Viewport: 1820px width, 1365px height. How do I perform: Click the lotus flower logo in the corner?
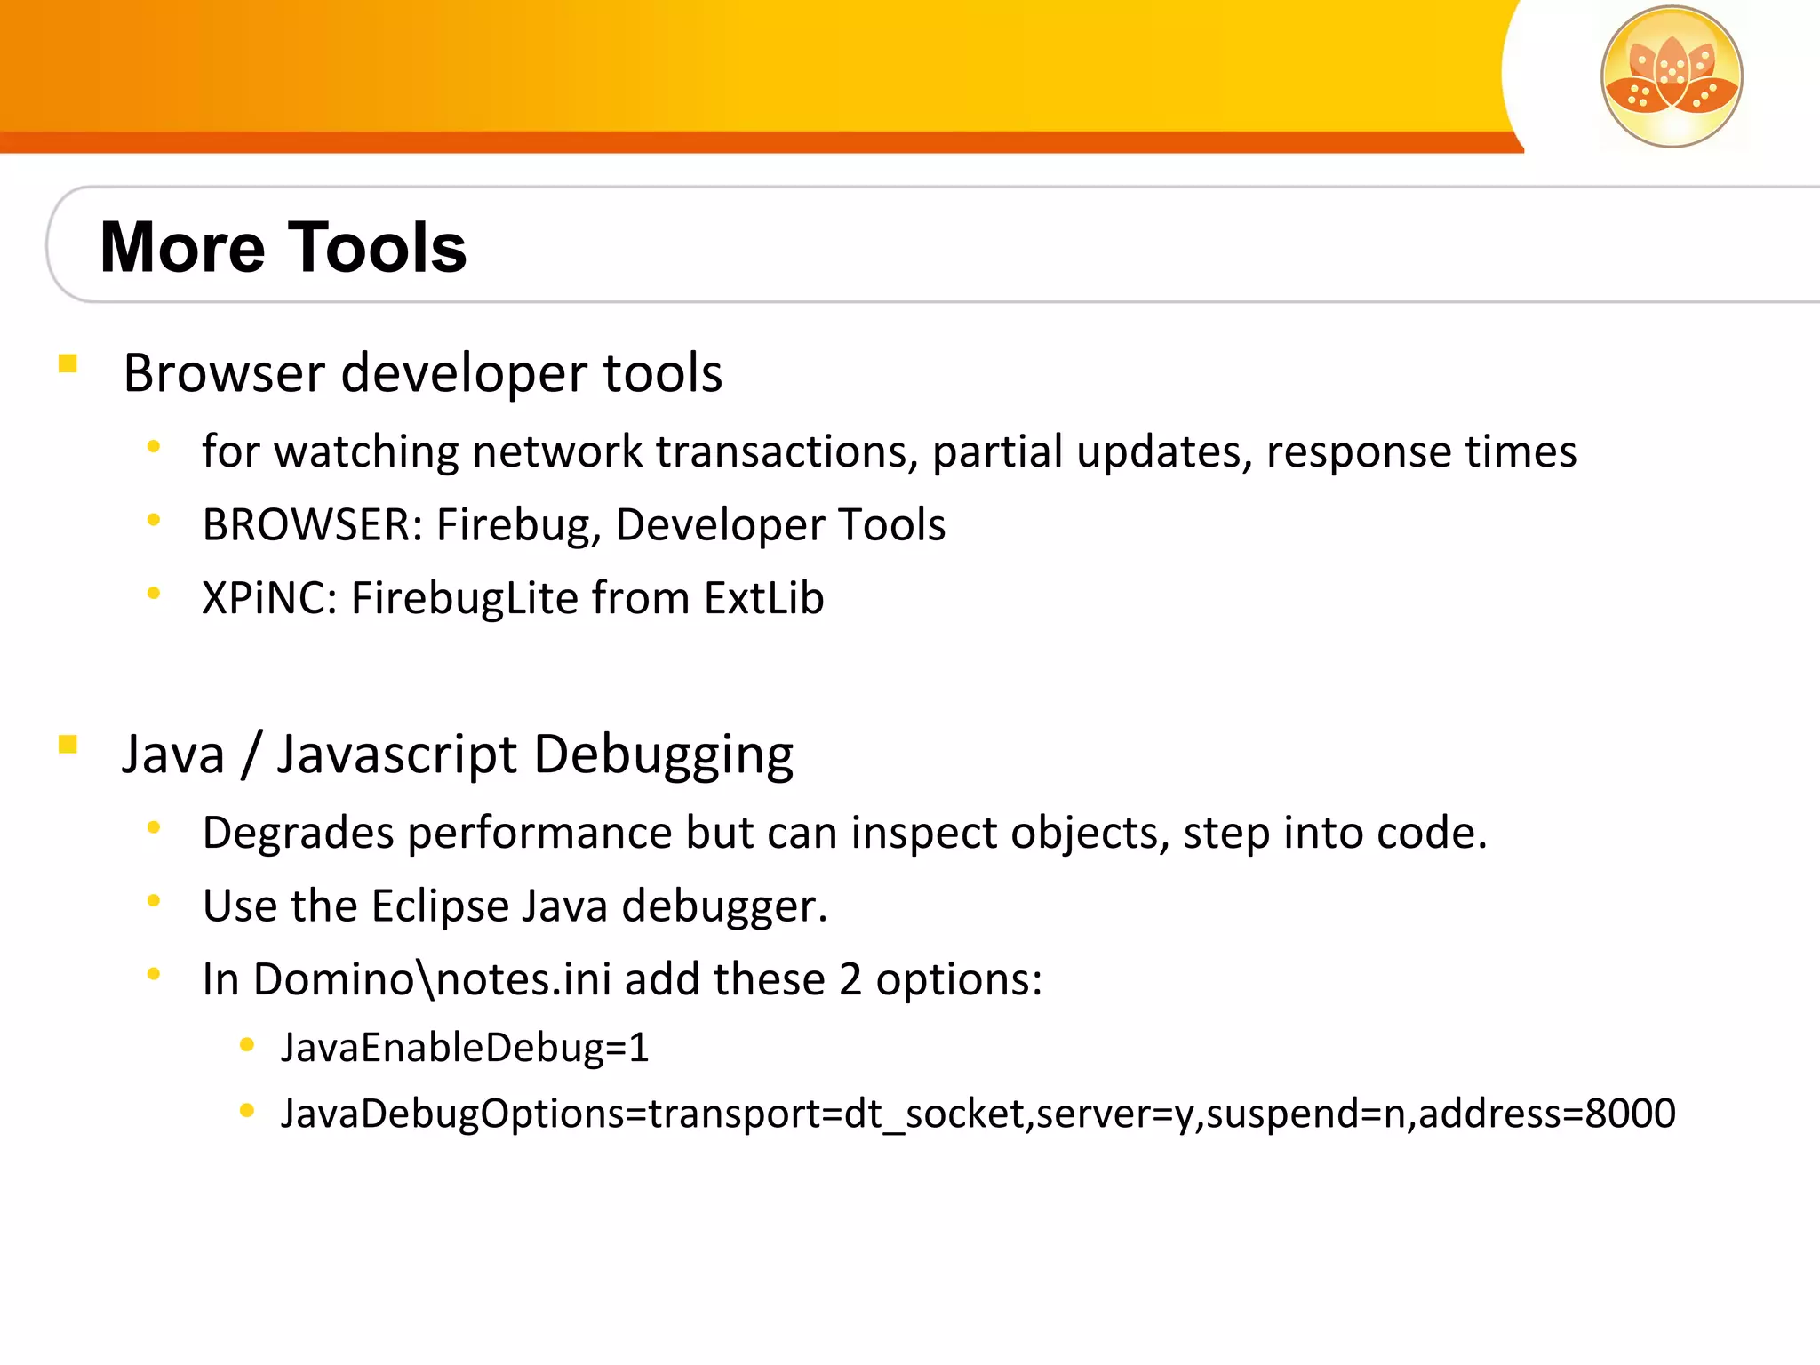1671,76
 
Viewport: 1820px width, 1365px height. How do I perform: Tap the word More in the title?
182,247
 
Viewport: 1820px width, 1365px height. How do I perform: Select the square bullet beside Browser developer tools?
68,364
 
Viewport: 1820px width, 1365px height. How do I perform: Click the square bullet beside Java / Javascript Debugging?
68,745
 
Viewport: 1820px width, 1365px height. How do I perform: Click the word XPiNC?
269,598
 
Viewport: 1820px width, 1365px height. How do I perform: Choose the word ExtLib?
763,598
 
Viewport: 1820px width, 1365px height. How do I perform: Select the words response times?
1421,451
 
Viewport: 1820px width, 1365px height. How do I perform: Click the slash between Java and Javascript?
251,755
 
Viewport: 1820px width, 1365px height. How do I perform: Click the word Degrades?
298,834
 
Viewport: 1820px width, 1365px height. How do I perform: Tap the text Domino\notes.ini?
432,979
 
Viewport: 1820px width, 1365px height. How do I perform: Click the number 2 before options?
850,979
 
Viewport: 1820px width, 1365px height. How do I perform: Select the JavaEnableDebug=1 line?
465,1048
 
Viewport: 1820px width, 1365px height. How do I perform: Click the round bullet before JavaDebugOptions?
247,1110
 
